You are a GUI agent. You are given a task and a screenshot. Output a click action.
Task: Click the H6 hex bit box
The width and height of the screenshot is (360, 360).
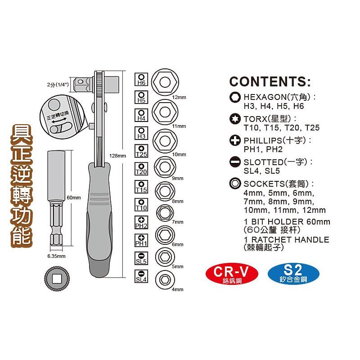pyautogui.click(x=141, y=80)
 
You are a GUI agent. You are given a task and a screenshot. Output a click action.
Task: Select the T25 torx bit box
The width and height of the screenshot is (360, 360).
pyautogui.click(x=141, y=151)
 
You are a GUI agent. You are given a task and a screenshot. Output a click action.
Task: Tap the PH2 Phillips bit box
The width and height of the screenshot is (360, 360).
pyautogui.click(x=141, y=223)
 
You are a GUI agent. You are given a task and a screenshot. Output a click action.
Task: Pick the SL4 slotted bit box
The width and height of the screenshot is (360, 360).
pyautogui.click(x=141, y=276)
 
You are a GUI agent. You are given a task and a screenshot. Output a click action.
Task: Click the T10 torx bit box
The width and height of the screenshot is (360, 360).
pyautogui.click(x=141, y=205)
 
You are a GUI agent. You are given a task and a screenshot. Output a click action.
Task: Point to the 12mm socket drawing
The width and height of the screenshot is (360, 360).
pyautogui.click(x=165, y=82)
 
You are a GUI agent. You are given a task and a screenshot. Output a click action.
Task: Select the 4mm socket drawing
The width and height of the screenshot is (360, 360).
pyautogui.click(x=165, y=280)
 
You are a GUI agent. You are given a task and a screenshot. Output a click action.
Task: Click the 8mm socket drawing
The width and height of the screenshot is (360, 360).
pyautogui.click(x=165, y=191)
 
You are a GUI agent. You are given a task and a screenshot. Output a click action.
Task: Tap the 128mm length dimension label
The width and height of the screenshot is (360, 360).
pyautogui.click(x=117, y=156)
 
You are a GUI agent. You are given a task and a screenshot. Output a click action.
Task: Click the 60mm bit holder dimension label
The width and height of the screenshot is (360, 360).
pyautogui.click(x=74, y=198)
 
